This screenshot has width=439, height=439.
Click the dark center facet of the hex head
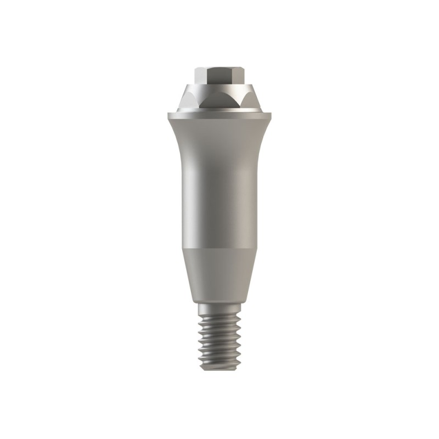pos(219,76)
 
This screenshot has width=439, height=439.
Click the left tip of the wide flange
pos(169,117)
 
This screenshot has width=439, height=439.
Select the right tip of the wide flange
pos(270,117)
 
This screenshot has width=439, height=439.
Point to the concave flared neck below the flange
pos(219,143)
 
